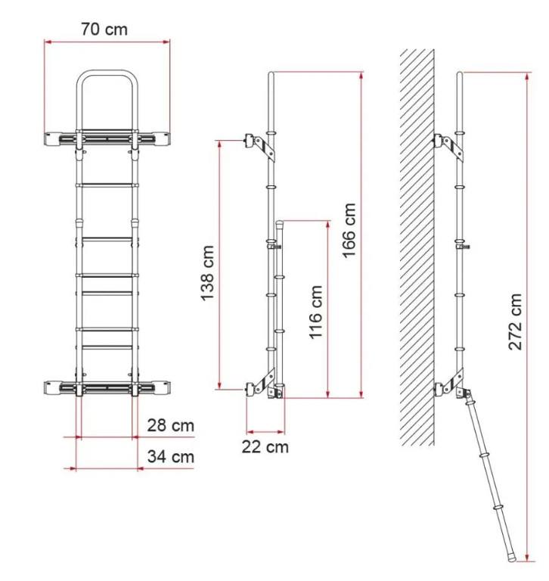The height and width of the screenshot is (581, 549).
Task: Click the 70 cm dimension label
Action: [104, 30]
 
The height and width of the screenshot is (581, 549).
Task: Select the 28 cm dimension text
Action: [170, 425]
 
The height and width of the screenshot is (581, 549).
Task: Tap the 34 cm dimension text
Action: [170, 456]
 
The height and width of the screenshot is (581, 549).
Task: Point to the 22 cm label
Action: [265, 447]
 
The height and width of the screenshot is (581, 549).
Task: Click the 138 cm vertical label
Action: [207, 273]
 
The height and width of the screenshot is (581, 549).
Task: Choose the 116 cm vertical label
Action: [316, 312]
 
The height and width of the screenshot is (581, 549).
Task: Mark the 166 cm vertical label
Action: [349, 231]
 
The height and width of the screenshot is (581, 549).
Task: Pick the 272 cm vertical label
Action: [515, 322]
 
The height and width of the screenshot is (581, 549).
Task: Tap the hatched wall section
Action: [417, 247]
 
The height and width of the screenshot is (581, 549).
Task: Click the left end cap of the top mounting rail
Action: [51, 139]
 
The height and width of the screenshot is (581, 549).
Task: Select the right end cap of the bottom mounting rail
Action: [163, 388]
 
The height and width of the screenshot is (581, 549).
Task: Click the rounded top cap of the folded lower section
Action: [280, 223]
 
